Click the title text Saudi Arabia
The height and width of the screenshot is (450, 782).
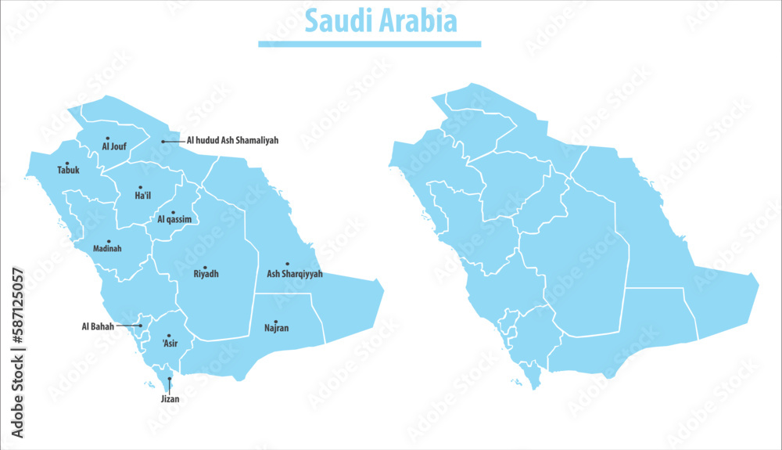tap(381, 21)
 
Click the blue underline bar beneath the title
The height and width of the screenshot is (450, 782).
tap(369, 44)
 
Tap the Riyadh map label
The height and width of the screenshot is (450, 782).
tap(206, 275)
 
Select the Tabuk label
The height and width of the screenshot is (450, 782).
tap(68, 170)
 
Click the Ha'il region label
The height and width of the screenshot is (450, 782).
tap(142, 196)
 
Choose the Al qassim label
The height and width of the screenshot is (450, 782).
tap(174, 220)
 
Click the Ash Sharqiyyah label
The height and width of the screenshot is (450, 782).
tap(294, 275)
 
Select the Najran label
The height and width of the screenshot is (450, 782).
tap(276, 328)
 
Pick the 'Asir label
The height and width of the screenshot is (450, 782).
tap(170, 343)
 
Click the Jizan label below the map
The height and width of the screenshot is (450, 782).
tap(170, 399)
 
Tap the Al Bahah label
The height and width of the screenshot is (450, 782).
tap(98, 326)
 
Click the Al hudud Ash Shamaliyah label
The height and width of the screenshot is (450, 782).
tap(232, 141)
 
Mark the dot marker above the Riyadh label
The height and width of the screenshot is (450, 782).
tap(205, 268)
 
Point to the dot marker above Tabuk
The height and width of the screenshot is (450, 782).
tap(67, 163)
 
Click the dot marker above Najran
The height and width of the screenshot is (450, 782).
tap(276, 321)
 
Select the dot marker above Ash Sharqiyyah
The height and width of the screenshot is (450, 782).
tap(287, 265)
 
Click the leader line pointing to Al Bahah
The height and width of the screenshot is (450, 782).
tap(128, 326)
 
